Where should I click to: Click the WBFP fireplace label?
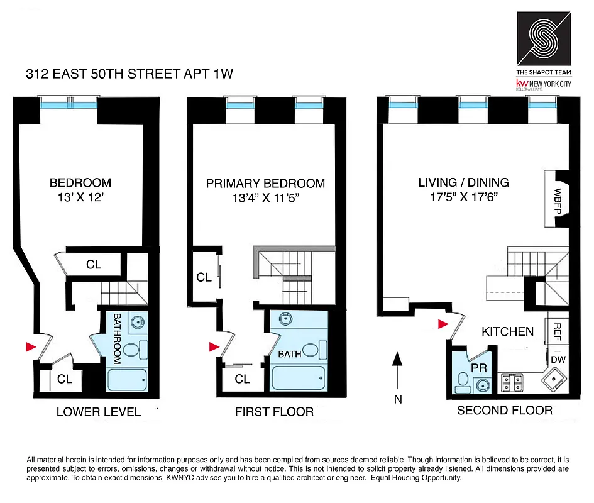(558, 199)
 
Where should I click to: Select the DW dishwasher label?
(558, 358)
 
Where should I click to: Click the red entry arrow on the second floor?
(443, 324)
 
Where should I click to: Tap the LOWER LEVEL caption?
(99, 412)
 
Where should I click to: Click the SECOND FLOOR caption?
(504, 411)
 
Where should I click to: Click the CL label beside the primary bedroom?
(203, 277)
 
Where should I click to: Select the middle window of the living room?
(473, 105)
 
